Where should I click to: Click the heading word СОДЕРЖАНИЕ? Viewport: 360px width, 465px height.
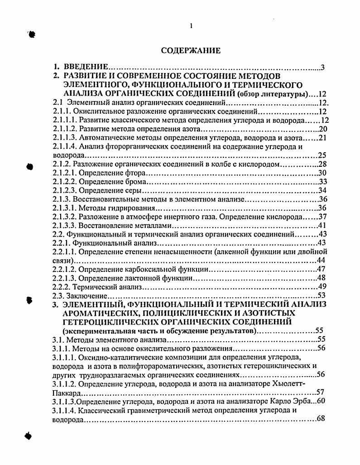(191, 50)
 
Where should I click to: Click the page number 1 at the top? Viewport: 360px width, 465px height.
(192, 26)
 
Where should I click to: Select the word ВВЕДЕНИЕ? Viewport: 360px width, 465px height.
(85, 68)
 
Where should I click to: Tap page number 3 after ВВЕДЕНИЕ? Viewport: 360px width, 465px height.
(322, 68)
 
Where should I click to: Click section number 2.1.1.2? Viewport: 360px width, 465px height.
(64, 129)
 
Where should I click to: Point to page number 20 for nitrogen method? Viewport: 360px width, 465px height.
(323, 129)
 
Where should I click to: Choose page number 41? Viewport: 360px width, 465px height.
(323, 225)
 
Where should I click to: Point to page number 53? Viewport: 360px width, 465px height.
(323, 295)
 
